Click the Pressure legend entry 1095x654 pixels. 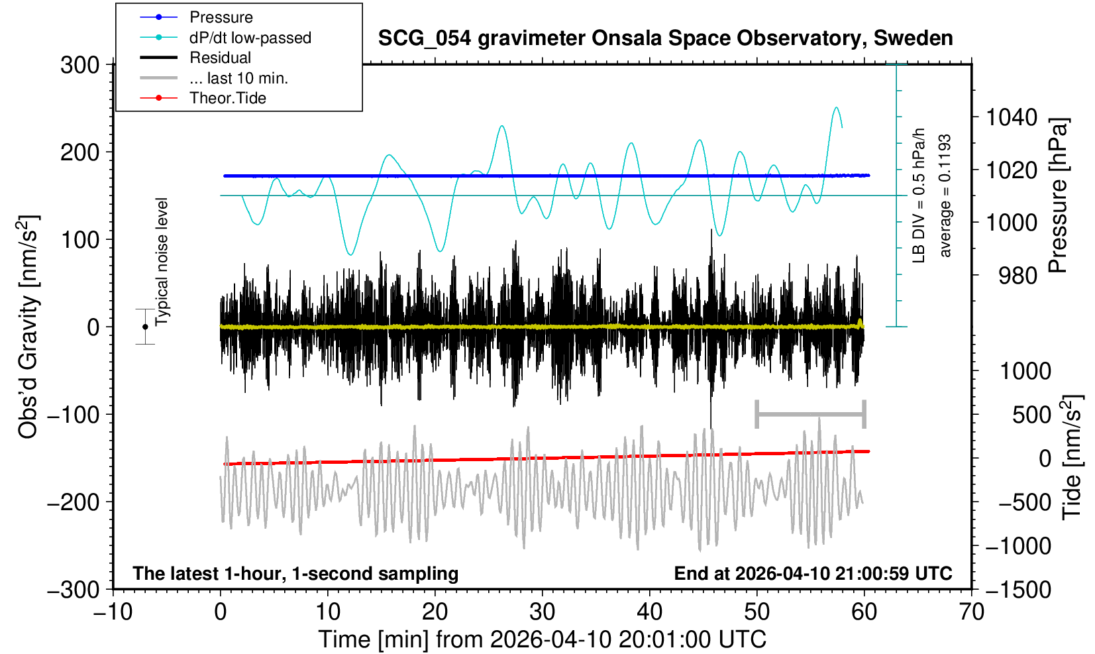pos(221,17)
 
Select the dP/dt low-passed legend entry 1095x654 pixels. pos(250,38)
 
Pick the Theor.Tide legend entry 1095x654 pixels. pos(227,98)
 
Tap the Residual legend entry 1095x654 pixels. pos(220,58)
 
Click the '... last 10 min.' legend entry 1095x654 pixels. pos(238,78)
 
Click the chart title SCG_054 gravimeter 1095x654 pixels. pos(665,38)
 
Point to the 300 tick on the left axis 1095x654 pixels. pos(79,65)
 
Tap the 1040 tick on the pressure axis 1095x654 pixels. pos(1012,118)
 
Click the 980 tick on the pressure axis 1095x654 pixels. pos(1017,275)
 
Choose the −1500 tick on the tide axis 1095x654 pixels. pos(1018,589)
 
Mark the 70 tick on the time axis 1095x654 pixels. pos(971,611)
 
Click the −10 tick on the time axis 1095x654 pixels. pos(113,611)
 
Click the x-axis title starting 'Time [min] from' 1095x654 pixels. pos(542,639)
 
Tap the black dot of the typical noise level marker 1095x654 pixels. pos(145,327)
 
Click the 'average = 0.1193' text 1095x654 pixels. pos(945,195)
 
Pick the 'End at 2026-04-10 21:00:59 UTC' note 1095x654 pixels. pos(813,573)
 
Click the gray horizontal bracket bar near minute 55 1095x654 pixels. pos(810,415)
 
